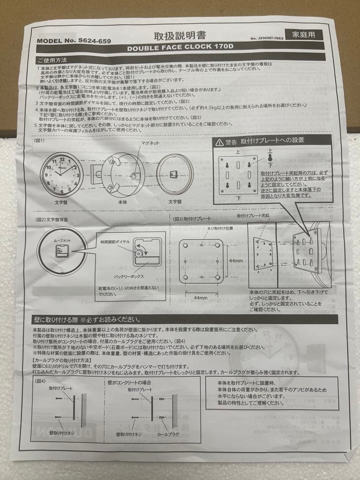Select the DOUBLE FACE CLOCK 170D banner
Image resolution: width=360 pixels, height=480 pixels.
click(x=181, y=48)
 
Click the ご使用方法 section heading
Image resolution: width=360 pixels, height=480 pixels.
click(x=53, y=60)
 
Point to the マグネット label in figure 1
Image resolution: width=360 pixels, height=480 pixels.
click(x=151, y=143)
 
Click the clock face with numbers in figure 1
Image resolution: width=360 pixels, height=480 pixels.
click(x=62, y=173)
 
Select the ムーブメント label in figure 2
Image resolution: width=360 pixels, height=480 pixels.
click(x=62, y=240)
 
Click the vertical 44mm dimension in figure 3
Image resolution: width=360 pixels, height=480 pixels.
click(x=235, y=261)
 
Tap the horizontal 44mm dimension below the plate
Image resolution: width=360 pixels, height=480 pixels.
click(x=201, y=297)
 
